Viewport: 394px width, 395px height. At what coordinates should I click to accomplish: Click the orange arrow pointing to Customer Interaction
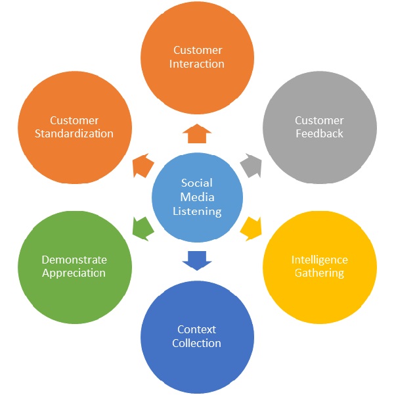click(197, 134)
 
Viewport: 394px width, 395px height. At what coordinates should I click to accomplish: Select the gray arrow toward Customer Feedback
click(251, 165)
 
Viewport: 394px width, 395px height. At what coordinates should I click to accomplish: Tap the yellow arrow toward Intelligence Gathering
click(251, 227)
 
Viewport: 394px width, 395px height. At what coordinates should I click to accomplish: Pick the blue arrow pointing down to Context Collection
click(197, 259)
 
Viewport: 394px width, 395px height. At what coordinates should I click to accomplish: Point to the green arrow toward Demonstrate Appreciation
click(143, 227)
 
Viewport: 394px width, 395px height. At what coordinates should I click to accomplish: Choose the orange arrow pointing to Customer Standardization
click(143, 165)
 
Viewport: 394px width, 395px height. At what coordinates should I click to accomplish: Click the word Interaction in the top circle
click(198, 64)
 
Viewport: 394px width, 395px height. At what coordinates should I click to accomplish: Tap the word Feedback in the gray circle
click(319, 133)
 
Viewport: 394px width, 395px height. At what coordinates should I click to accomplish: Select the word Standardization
click(74, 133)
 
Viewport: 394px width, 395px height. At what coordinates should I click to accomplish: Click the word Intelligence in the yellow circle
click(319, 260)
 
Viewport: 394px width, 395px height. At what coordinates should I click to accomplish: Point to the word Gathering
click(319, 273)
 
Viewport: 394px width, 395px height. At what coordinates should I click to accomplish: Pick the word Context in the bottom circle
click(197, 329)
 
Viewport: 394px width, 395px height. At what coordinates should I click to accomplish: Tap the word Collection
click(197, 342)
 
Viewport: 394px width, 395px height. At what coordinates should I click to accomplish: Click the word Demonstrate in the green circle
click(74, 260)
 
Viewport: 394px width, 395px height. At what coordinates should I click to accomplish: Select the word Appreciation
click(74, 273)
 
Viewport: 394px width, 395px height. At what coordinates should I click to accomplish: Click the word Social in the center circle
click(197, 183)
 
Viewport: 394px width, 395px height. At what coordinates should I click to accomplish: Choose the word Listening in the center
click(197, 211)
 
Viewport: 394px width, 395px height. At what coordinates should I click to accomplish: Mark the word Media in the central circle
click(197, 197)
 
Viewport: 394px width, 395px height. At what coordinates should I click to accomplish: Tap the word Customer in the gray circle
click(319, 120)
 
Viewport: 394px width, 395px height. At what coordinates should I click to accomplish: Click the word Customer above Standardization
click(74, 120)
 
